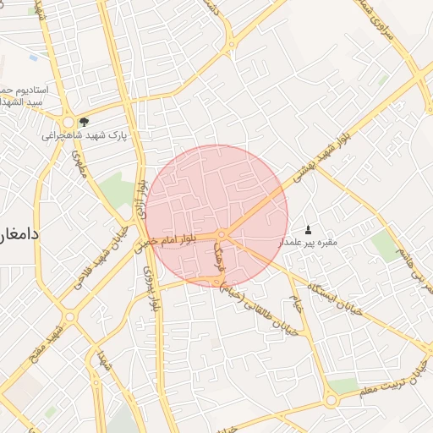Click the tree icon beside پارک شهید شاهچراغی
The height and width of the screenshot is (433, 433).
coord(84,122)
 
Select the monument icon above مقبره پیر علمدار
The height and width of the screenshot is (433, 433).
coord(308,230)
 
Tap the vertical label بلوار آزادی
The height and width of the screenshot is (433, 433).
coord(142,200)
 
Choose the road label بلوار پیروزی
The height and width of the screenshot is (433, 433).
coord(150,288)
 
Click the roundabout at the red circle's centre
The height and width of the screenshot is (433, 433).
coord(221,233)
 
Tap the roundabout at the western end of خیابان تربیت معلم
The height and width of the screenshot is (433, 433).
coord(332,397)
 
